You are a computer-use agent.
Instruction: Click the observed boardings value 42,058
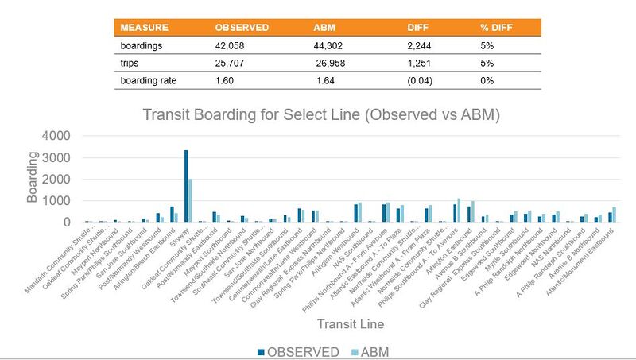click(233, 45)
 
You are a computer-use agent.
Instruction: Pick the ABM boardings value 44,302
click(332, 45)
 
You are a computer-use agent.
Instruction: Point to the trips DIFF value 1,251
click(420, 63)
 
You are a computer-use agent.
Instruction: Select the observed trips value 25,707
click(233, 63)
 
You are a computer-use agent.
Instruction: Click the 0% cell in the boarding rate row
click(487, 80)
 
